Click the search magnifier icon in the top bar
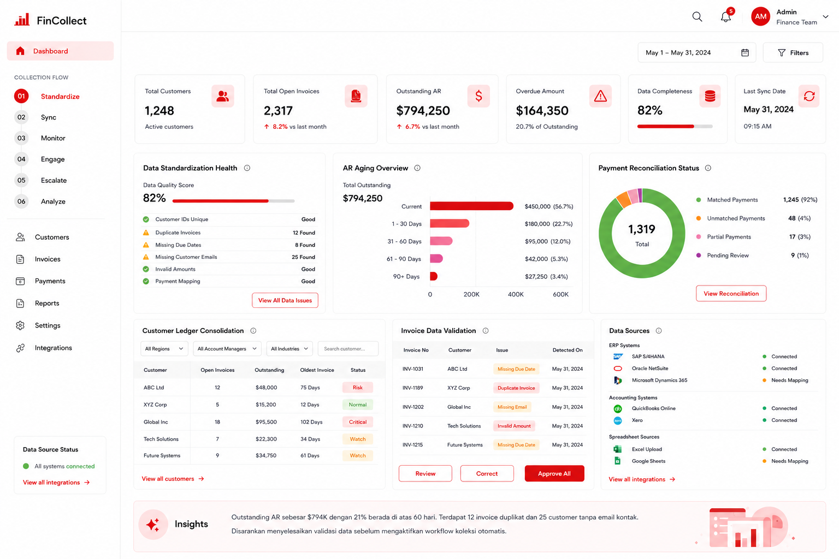(697, 17)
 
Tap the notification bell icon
(726, 17)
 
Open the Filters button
(793, 53)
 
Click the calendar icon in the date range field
(745, 53)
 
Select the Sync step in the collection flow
(48, 117)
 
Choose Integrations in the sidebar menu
(53, 348)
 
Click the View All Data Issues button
(285, 300)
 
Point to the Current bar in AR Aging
(471, 206)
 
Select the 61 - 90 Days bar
(436, 258)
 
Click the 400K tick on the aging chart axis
(516, 294)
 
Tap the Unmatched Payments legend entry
(736, 218)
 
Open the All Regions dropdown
(164, 349)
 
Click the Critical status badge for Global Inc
(358, 422)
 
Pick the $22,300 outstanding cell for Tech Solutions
(266, 439)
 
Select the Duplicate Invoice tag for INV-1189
(516, 388)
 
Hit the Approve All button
(554, 474)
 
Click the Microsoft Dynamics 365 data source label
(660, 380)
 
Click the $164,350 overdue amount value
(542, 111)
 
